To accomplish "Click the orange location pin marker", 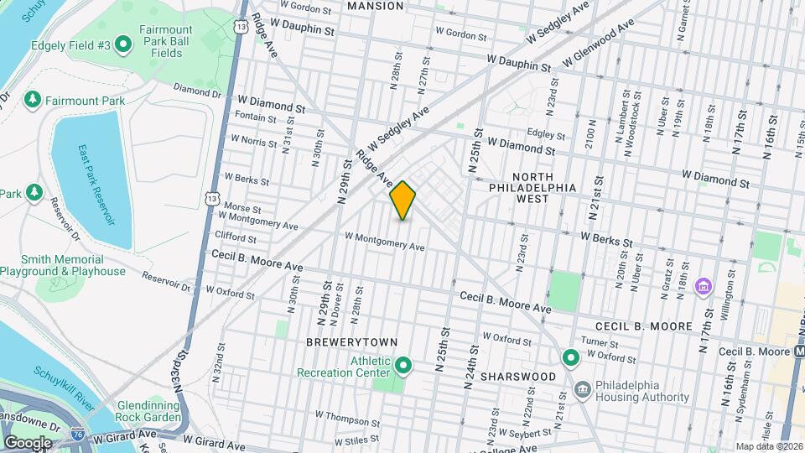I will (403, 200).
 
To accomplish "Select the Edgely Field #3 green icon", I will (123, 44).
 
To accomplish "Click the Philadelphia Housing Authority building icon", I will (583, 388).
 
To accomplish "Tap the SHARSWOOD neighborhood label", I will (517, 377).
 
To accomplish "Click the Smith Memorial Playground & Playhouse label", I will (63, 265).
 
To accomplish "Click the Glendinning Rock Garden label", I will (149, 410).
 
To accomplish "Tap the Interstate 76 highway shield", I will (77, 434).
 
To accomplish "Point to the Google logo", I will (28, 442).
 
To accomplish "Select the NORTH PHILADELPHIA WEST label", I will (533, 188).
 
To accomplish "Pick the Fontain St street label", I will (255, 119).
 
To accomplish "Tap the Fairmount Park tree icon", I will (33, 101).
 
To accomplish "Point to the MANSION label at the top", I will (375, 6).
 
